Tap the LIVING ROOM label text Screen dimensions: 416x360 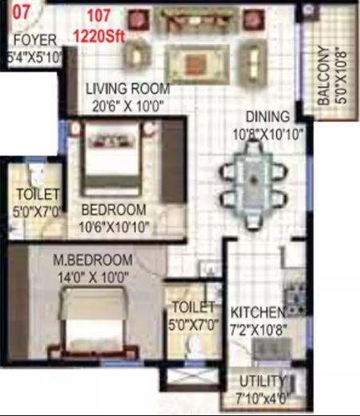124,88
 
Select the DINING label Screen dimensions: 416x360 262,116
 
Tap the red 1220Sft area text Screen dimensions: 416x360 100,35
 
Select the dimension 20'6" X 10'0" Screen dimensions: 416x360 124,104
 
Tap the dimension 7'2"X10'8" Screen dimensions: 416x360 257,327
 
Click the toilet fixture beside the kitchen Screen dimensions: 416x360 191,344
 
